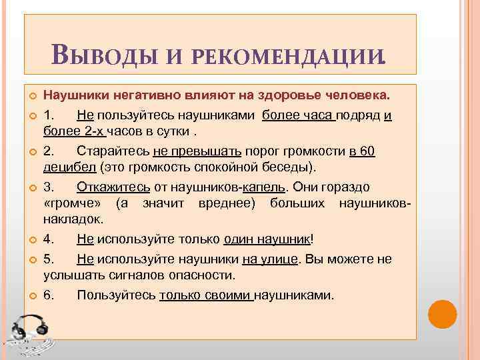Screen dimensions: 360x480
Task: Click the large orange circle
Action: [442, 313]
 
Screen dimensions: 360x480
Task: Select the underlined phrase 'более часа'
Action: [298, 115]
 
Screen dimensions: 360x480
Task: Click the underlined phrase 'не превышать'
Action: [194, 151]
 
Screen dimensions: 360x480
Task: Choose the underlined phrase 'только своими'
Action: [206, 295]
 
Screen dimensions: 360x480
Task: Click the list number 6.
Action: [49, 295]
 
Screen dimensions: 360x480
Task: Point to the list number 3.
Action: [49, 187]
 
